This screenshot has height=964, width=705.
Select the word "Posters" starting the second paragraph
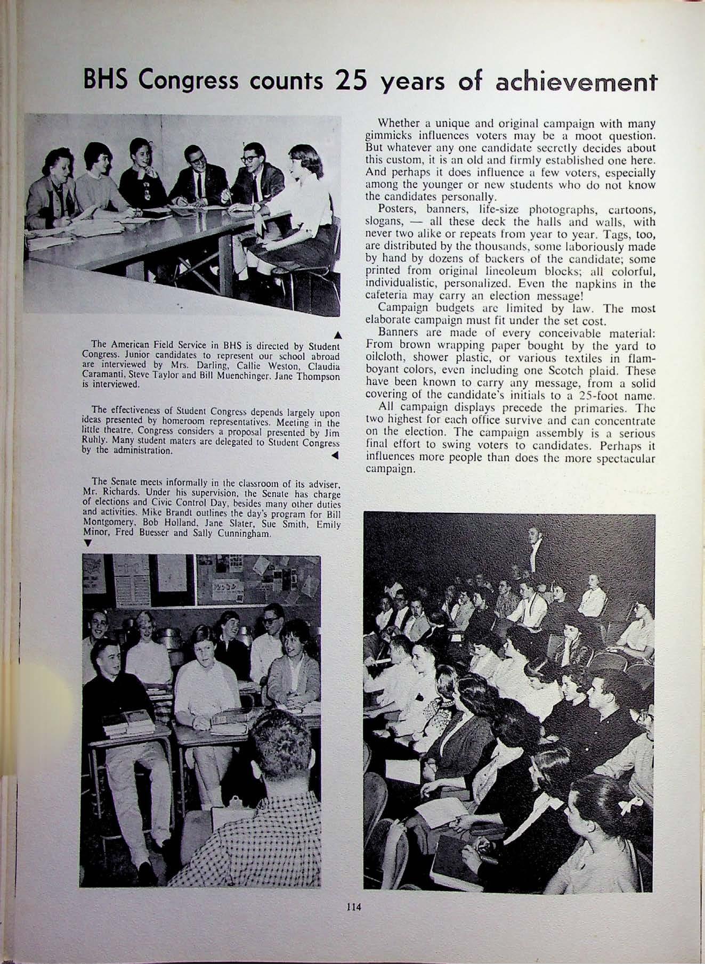tap(395, 208)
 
